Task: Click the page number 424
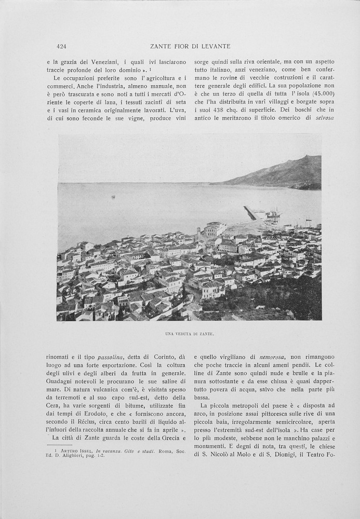point(61,46)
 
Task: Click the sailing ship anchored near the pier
point(273,213)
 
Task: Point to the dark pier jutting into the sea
point(250,213)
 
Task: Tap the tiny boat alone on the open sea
point(113,197)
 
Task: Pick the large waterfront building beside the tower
point(215,229)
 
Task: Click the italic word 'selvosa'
point(324,118)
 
